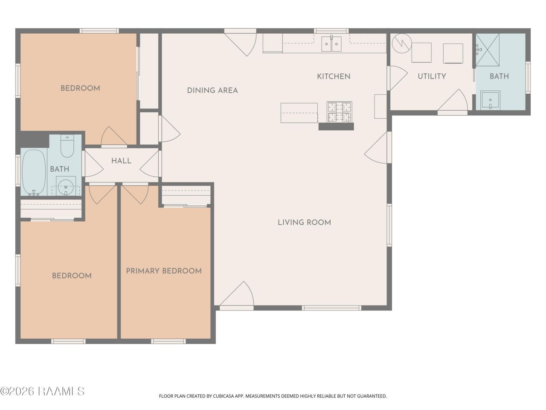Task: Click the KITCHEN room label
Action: [334, 76]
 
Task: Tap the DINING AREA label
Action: [212, 91]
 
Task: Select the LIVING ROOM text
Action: [304, 223]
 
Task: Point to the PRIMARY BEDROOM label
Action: [164, 271]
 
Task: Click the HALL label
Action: [122, 161]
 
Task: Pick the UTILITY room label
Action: [432, 76]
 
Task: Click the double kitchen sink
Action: [331, 44]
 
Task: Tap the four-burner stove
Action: [339, 112]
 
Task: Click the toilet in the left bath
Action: [67, 146]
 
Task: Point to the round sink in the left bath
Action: [66, 186]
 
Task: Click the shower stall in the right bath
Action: [488, 50]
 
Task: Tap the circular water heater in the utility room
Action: [402, 43]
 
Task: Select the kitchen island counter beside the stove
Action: [299, 113]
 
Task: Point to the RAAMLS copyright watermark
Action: [42, 391]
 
